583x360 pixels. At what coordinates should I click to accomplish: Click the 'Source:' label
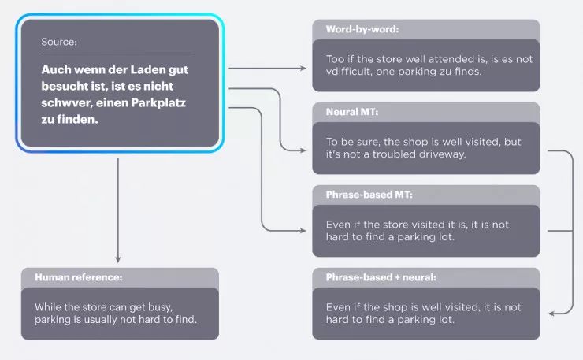click(59, 42)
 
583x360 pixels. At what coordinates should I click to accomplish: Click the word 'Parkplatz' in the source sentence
click(165, 104)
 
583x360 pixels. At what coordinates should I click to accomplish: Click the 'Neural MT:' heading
click(352, 112)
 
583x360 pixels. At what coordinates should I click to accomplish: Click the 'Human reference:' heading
click(79, 277)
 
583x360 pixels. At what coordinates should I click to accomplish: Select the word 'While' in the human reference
click(48, 306)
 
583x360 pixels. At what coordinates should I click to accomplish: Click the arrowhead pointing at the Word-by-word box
click(303, 69)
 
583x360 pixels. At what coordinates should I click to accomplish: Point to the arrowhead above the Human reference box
click(117, 258)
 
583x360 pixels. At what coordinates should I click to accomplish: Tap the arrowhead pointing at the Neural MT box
click(303, 150)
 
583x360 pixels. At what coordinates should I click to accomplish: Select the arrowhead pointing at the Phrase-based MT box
click(303, 231)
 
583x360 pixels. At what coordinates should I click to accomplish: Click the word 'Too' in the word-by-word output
click(336, 58)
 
